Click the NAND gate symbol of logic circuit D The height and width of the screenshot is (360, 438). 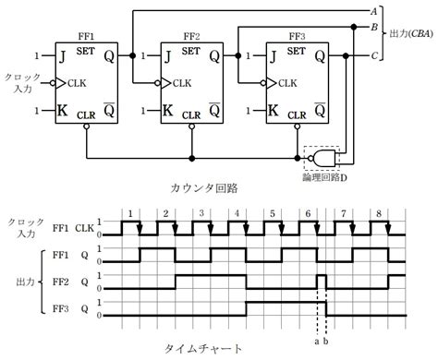[x=324, y=159]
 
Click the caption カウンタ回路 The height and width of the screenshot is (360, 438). [x=204, y=188]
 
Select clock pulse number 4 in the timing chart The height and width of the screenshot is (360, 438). [x=237, y=213]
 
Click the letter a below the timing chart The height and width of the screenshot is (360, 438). [x=316, y=339]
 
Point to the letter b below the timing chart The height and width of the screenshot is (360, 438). [x=325, y=339]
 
